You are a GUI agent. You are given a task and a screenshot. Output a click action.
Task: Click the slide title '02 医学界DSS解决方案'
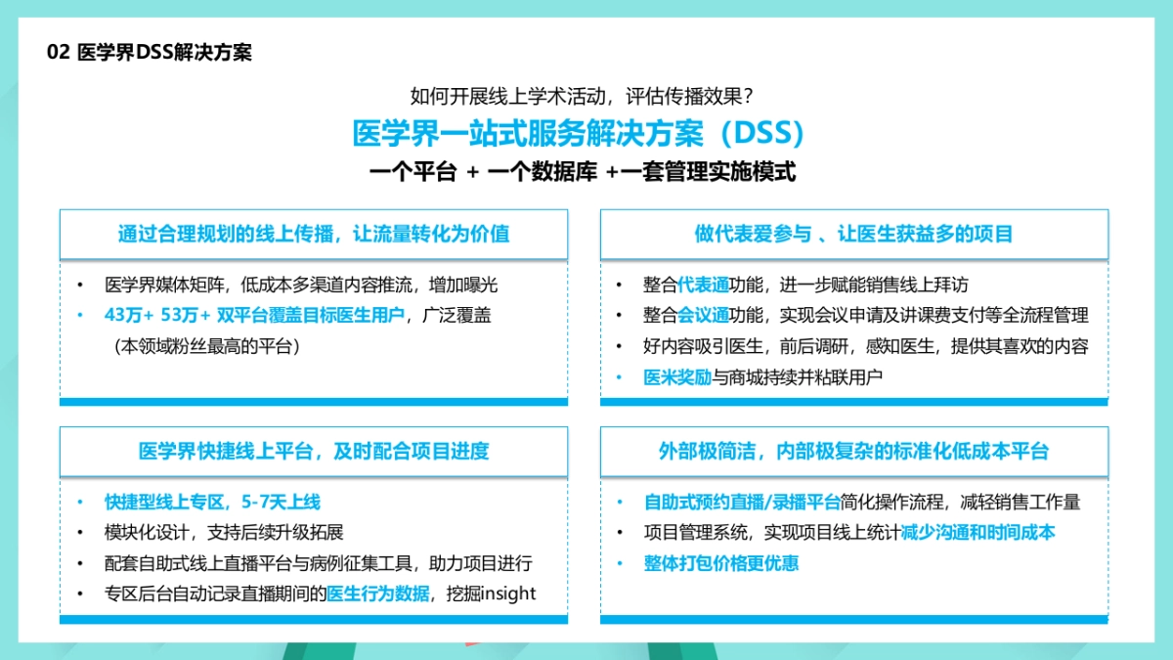point(149,53)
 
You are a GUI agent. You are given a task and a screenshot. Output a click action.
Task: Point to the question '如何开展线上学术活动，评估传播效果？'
point(582,97)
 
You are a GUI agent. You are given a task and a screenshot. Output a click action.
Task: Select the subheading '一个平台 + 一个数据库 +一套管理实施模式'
point(583,172)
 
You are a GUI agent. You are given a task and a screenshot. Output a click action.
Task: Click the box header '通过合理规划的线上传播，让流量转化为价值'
point(314,235)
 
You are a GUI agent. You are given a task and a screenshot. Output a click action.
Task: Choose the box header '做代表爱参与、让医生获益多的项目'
point(853,235)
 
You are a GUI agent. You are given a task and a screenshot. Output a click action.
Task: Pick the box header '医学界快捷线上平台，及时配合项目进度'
point(314,452)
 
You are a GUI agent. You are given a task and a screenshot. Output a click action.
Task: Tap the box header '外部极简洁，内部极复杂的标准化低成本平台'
point(853,452)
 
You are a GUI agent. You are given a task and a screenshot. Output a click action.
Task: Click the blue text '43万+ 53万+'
point(157,315)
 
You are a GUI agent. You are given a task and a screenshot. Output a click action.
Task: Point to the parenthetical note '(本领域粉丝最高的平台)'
point(206,345)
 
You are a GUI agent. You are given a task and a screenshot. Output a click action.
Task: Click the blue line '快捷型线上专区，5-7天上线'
point(212,503)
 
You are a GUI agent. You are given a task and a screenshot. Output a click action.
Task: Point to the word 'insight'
point(508,594)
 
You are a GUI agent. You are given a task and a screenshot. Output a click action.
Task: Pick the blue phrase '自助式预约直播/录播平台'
point(742,503)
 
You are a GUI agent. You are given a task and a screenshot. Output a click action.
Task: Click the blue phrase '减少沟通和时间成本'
point(977,533)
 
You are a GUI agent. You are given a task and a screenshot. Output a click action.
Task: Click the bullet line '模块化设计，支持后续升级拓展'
point(224,533)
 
